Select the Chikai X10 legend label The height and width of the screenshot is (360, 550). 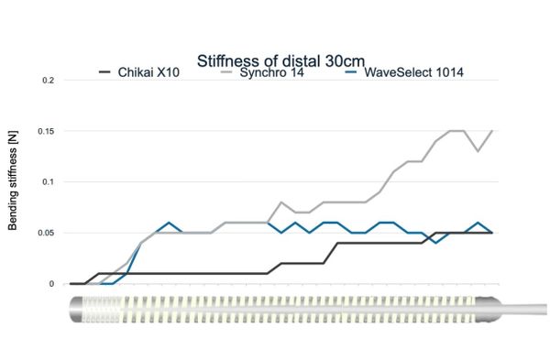[x=149, y=71]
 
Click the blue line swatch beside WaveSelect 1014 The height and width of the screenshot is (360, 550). [x=351, y=71]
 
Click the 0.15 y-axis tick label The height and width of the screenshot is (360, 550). [x=47, y=131]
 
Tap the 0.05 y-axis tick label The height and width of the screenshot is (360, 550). [x=47, y=233]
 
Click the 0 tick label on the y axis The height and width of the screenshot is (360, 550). [x=53, y=284]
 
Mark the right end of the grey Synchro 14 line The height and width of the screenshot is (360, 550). [x=492, y=131]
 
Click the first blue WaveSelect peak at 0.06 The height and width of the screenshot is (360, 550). [x=169, y=223]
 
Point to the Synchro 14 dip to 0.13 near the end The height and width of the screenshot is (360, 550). [x=478, y=151]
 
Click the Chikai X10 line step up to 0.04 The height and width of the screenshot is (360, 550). [x=337, y=243]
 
